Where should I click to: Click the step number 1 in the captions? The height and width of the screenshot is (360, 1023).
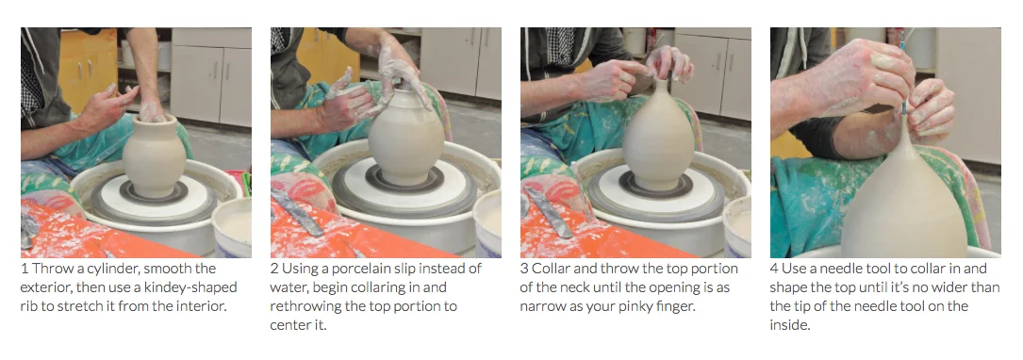click(25, 269)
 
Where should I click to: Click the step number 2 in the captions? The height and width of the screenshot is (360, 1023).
click(274, 269)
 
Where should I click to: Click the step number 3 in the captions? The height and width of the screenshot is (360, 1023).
click(524, 269)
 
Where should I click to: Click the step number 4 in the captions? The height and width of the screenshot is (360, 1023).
click(774, 269)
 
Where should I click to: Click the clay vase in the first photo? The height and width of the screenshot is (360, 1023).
click(154, 157)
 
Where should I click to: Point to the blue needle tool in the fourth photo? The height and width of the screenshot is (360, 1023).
click(903, 72)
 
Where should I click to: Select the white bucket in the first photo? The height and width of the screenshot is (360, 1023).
click(233, 228)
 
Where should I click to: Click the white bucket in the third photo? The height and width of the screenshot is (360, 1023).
click(737, 228)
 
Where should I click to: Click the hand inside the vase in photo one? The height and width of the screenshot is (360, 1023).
click(152, 111)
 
